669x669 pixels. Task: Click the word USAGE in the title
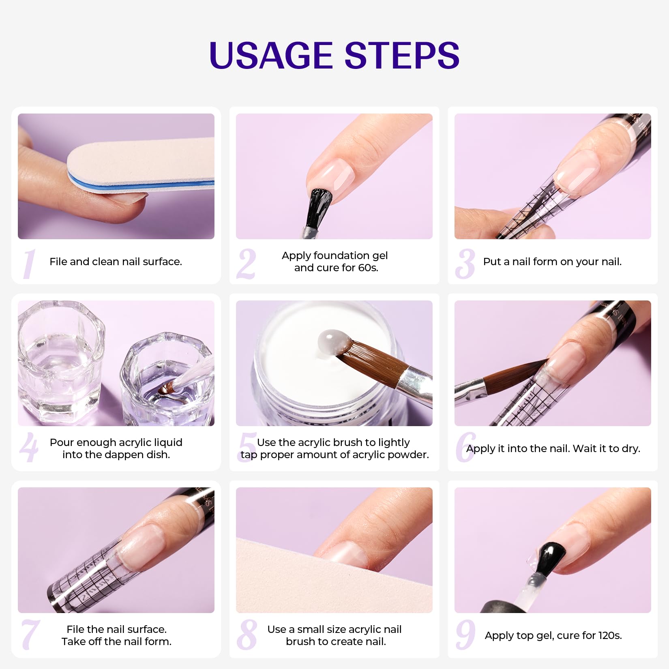tap(271, 56)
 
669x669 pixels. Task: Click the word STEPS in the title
tap(402, 56)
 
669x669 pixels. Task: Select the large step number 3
tap(465, 264)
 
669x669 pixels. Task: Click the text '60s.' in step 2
tap(368, 268)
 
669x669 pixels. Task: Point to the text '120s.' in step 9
tap(610, 635)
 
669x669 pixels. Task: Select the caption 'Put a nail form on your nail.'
tap(552, 262)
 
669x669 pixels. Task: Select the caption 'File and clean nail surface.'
tap(116, 262)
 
